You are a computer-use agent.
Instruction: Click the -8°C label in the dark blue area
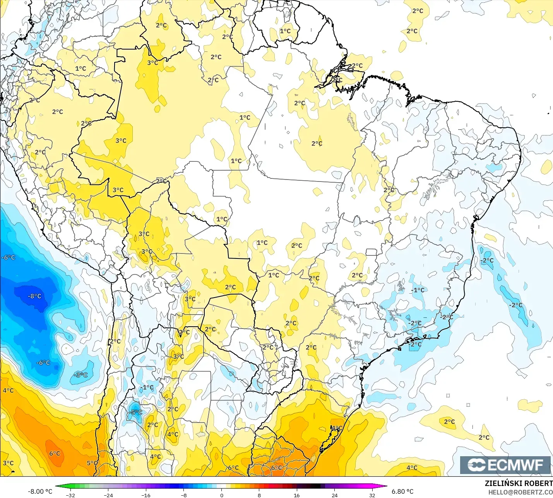pyautogui.click(x=34, y=296)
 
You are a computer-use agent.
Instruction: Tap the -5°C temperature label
pyautogui.click(x=135, y=412)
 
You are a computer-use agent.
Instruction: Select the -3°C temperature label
pyautogui.click(x=81, y=375)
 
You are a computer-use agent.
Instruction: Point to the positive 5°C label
pyautogui.click(x=92, y=463)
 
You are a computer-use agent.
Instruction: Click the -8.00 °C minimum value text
pyautogui.click(x=40, y=491)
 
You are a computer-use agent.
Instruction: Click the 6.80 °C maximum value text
pyautogui.click(x=402, y=491)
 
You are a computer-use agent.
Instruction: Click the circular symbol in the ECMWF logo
pyautogui.click(x=476, y=465)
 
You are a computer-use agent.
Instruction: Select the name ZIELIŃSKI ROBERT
pyautogui.click(x=519, y=483)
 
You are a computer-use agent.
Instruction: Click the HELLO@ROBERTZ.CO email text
pyautogui.click(x=520, y=492)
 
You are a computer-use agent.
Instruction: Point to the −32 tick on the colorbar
pyautogui.click(x=70, y=495)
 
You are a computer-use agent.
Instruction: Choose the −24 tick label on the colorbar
pyautogui.click(x=108, y=495)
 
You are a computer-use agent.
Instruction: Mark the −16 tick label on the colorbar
pyautogui.click(x=146, y=495)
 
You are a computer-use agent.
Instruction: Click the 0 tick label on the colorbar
pyautogui.click(x=221, y=495)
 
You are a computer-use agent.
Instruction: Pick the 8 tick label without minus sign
pyautogui.click(x=259, y=495)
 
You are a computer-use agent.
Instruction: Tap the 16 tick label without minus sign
pyautogui.click(x=296, y=495)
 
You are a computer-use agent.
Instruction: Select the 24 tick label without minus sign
pyautogui.click(x=334, y=495)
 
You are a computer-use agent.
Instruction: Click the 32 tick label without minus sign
pyautogui.click(x=372, y=495)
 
